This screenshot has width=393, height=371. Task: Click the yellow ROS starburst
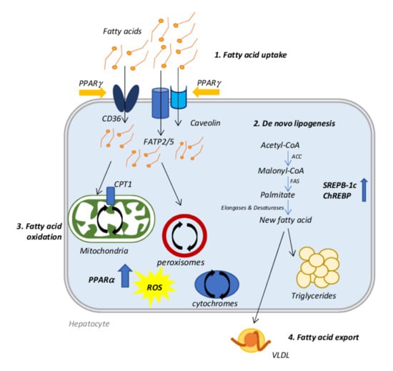tap(154, 287)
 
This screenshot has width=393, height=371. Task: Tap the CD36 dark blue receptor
tap(126, 98)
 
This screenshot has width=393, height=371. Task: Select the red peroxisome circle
tap(184, 235)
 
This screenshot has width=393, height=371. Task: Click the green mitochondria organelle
tap(111, 219)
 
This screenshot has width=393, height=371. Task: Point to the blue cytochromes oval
tap(217, 285)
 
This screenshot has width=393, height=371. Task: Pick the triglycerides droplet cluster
tap(318, 267)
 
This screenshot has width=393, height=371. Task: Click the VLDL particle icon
tap(251, 340)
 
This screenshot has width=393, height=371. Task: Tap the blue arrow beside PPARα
tap(125, 276)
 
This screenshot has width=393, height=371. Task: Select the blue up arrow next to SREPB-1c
tap(364, 189)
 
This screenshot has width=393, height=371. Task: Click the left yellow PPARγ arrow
tap(92, 93)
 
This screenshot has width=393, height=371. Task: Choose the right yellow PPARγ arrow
tap(206, 92)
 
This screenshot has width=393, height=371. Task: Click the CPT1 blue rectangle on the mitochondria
tap(111, 196)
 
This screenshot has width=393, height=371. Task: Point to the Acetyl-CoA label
tap(280, 145)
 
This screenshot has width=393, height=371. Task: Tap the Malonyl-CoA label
tap(281, 171)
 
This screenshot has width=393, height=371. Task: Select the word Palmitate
tap(277, 194)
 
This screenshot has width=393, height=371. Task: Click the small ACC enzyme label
tap(297, 157)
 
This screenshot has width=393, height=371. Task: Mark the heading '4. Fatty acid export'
tap(323, 337)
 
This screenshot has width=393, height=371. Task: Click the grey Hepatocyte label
tap(89, 324)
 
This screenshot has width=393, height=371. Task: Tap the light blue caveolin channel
tap(179, 97)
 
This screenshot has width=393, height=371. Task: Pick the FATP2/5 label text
tap(159, 142)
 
